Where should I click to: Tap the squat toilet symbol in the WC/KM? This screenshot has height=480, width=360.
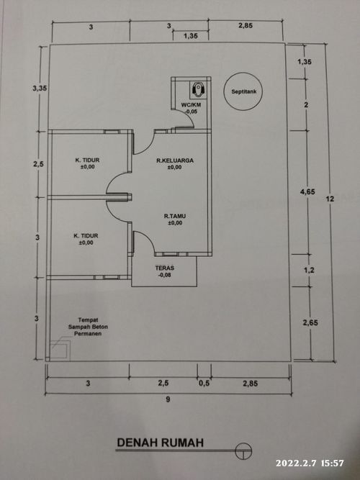pyautogui.click(x=198, y=89)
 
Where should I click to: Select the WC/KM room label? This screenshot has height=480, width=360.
pyautogui.click(x=191, y=105)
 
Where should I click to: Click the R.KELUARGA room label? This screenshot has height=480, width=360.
pyautogui.click(x=175, y=160)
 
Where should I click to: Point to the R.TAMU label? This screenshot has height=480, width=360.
pyautogui.click(x=175, y=216)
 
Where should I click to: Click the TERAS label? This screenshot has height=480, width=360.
pyautogui.click(x=165, y=268)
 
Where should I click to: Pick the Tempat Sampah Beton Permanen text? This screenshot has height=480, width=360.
pyautogui.click(x=88, y=327)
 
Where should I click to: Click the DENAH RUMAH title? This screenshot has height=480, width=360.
pyautogui.click(x=161, y=443)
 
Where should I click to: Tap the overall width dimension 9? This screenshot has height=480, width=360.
pyautogui.click(x=168, y=399)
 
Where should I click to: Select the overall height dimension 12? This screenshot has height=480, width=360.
pyautogui.click(x=330, y=199)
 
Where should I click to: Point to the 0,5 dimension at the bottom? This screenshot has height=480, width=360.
pyautogui.click(x=204, y=384)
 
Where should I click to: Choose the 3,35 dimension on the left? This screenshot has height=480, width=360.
pyautogui.click(x=40, y=89)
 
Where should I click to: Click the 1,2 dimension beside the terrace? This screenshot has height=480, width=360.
pyautogui.click(x=309, y=270)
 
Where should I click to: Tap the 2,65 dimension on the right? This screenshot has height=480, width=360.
pyautogui.click(x=310, y=322)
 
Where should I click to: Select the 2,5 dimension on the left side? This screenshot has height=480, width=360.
pyautogui.click(x=38, y=164)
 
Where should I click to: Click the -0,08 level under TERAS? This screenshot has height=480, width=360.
pyautogui.click(x=165, y=275)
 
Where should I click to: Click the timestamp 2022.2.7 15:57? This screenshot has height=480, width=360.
pyautogui.click(x=310, y=463)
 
